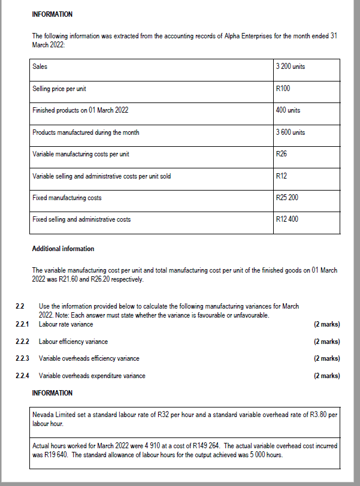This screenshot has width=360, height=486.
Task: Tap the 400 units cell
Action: pyautogui.click(x=288, y=110)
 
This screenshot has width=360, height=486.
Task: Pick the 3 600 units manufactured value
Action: pyautogui.click(x=290, y=132)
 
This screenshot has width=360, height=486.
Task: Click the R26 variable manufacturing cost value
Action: pyautogui.click(x=281, y=154)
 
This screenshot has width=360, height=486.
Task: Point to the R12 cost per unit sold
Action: pyautogui.click(x=281, y=176)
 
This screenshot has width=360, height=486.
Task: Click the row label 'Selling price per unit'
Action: pyautogui.click(x=59, y=89)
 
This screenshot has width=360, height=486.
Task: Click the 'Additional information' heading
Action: pyautogui.click(x=63, y=249)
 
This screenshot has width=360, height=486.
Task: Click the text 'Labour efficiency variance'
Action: pyautogui.click(x=73, y=342)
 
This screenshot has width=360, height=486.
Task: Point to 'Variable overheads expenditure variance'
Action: pyautogui.click(x=92, y=376)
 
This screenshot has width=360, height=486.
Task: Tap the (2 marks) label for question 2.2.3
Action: pyautogui.click(x=326, y=358)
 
